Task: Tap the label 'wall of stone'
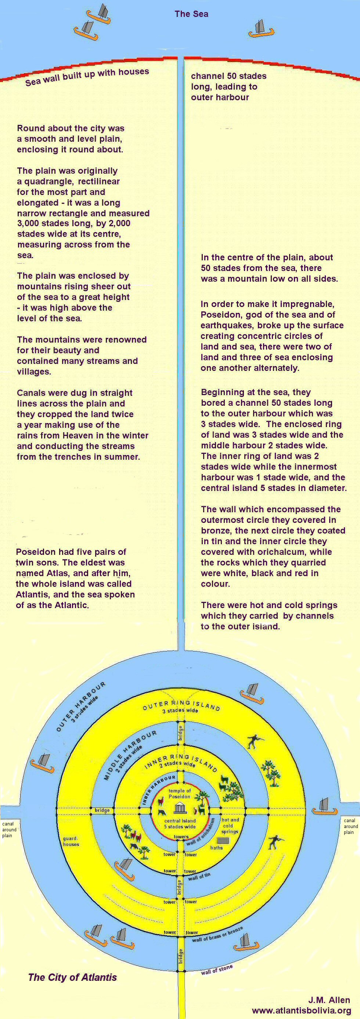tap(216, 969)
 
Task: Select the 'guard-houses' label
tap(71, 841)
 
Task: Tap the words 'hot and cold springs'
tap(230, 825)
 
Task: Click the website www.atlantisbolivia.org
tap(302, 1008)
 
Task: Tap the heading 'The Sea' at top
tap(191, 14)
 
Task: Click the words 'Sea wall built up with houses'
tap(87, 76)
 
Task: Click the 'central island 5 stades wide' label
tap(180, 824)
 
